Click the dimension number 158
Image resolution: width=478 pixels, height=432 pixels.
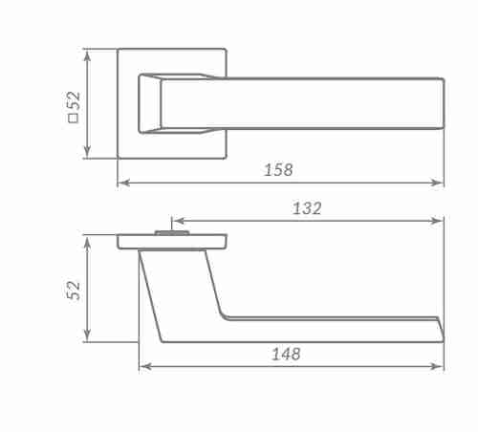278,170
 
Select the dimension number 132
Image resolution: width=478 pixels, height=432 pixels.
307,208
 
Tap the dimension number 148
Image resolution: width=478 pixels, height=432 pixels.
286,354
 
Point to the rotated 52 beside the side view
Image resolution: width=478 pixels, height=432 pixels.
74,290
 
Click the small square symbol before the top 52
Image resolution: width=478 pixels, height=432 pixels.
73,119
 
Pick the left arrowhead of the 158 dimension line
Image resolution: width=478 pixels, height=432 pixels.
124,183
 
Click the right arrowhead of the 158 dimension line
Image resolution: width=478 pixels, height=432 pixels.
437,183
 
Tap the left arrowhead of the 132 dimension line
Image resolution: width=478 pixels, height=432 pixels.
179,221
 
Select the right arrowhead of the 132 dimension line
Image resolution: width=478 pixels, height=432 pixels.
437,221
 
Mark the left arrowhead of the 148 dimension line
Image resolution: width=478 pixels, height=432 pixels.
145,366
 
